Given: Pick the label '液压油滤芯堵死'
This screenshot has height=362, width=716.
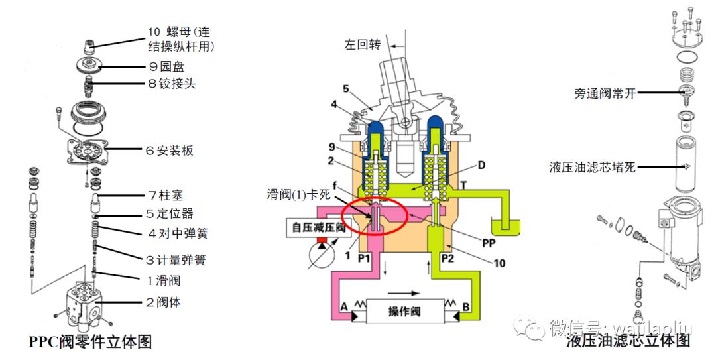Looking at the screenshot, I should click(593, 167).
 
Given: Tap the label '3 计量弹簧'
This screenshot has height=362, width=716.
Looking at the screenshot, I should click(176, 259).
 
